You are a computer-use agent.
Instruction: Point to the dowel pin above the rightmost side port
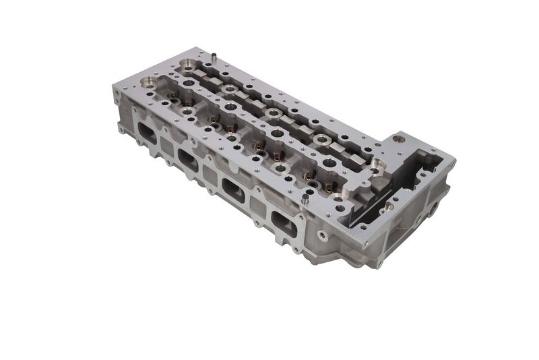pyautogui.click(x=305, y=200)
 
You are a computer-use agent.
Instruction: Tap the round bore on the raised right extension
pyautogui.click(x=400, y=140)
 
